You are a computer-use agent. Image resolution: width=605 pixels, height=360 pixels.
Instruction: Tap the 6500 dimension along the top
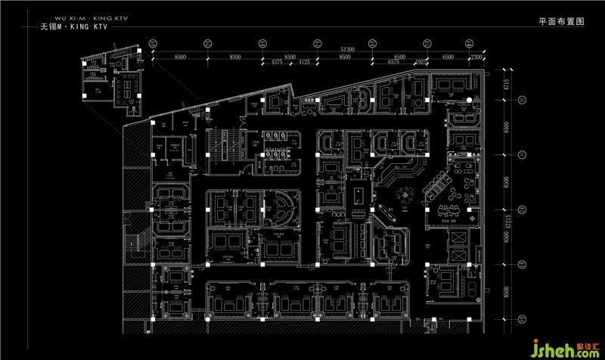point(448,56)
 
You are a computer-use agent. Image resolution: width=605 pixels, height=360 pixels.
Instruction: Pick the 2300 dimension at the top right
point(476,56)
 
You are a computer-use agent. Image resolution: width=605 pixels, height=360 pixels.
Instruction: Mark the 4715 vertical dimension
point(508,83)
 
